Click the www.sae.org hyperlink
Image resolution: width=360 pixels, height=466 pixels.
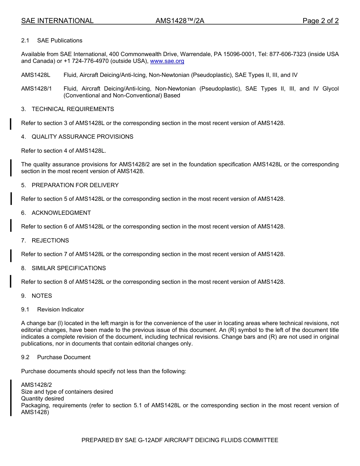click(x=167, y=61)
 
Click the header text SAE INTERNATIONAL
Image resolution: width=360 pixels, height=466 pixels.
click(x=57, y=21)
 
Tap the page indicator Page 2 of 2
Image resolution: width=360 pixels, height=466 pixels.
click(x=320, y=21)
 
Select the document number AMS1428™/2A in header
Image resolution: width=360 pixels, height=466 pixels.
click(x=180, y=21)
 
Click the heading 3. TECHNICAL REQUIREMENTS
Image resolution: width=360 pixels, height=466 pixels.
click(x=67, y=109)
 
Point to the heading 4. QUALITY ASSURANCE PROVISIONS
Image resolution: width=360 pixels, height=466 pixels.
click(x=77, y=137)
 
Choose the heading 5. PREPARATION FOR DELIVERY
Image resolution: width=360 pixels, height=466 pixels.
click(x=70, y=185)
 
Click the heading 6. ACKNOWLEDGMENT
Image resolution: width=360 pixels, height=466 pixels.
click(x=56, y=213)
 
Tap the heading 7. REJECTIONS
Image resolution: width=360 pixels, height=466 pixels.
click(x=45, y=241)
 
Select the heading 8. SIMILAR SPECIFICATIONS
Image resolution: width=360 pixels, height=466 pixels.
click(x=64, y=268)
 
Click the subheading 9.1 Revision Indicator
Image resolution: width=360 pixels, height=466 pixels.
click(x=53, y=310)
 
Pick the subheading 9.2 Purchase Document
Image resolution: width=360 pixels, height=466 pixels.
click(x=56, y=357)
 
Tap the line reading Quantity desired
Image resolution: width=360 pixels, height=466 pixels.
click(x=42, y=399)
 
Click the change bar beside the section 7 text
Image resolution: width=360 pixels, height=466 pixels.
click(x=11, y=255)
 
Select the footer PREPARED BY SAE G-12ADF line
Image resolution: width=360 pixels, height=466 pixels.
click(x=180, y=440)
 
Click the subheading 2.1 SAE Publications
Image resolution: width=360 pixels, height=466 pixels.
click(x=52, y=41)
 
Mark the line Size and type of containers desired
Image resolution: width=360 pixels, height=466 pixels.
click(x=67, y=392)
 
